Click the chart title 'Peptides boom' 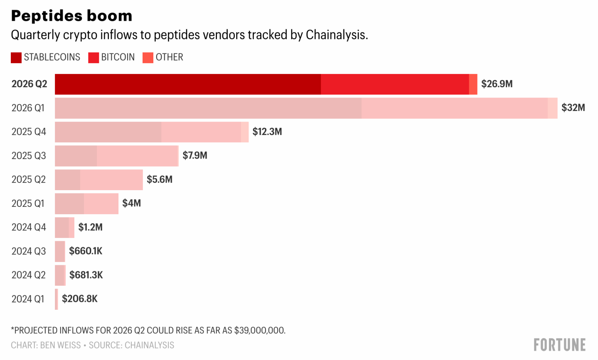tap(71, 15)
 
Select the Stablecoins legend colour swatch tap(16, 58)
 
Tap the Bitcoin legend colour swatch tap(94, 58)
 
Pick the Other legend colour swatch tap(148, 58)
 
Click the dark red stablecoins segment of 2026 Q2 tap(188, 84)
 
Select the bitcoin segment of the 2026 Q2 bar tap(395, 84)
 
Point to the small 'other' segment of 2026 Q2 tap(473, 84)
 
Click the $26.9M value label tap(497, 84)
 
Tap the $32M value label tap(573, 108)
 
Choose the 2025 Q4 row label tap(29, 132)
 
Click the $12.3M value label tap(267, 132)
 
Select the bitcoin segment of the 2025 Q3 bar tap(137, 156)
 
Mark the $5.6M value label tap(160, 179)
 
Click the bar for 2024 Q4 tap(64, 228)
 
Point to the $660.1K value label tap(86, 251)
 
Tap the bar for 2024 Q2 tap(60, 275)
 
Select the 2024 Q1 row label tap(28, 299)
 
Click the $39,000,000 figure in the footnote tap(259, 331)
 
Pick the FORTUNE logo tap(559, 345)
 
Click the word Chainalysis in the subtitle tap(337, 35)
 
